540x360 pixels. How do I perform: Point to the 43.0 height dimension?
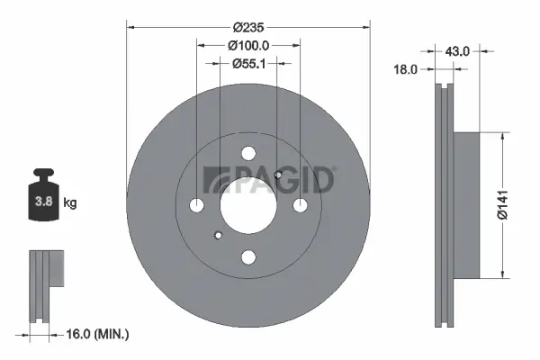click(458, 51)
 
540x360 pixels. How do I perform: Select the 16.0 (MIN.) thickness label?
click(100, 335)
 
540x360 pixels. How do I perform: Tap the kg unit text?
click(70, 202)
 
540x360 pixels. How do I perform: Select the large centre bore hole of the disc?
click(248, 205)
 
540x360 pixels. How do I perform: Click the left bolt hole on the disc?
click(198, 205)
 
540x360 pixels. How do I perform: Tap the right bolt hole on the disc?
click(300, 205)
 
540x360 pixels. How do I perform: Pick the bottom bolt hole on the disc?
click(248, 256)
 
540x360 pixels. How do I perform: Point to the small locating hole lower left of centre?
click(218, 236)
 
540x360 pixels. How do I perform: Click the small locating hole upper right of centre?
click(279, 175)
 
